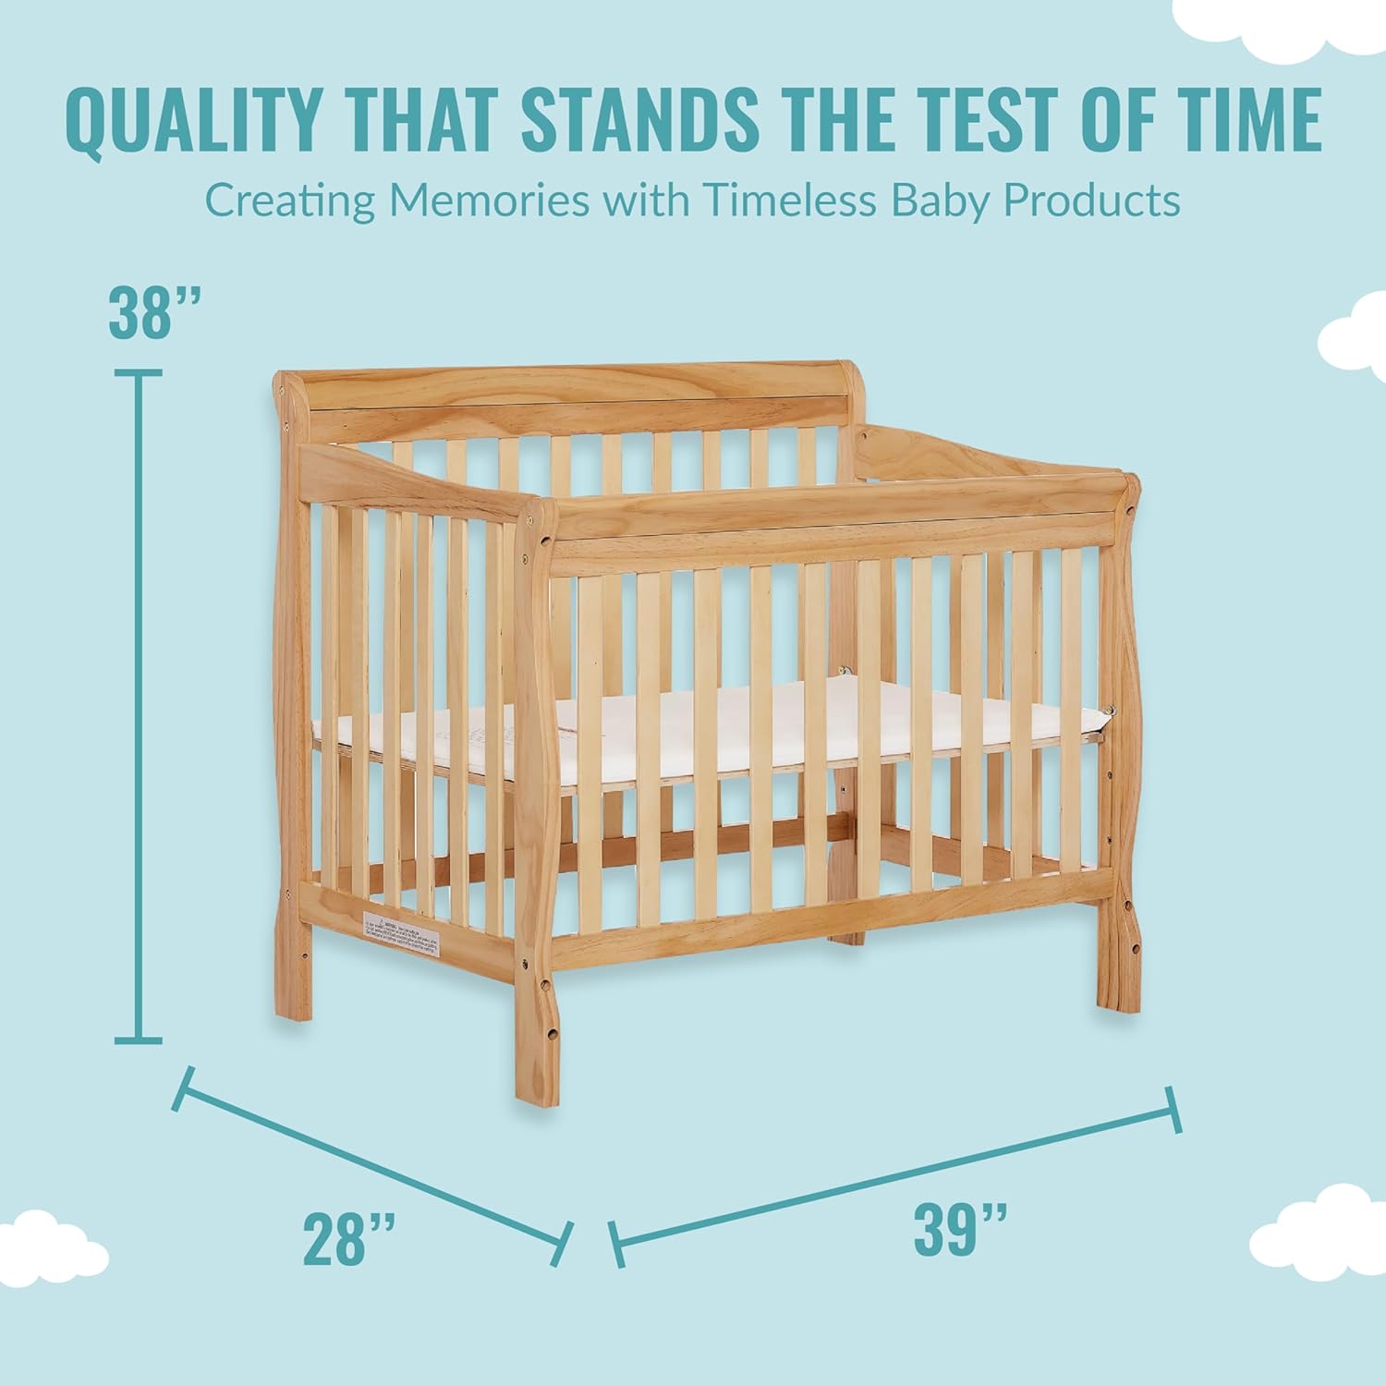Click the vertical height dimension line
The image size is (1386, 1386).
point(139,707)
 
